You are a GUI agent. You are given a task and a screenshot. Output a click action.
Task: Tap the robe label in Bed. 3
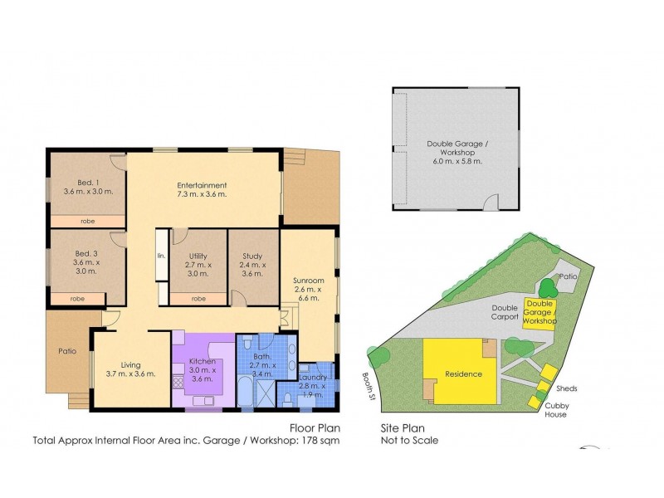click(76, 298)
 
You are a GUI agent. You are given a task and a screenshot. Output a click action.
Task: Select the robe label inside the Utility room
click(198, 298)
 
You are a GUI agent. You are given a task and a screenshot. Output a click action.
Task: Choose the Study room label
click(252, 256)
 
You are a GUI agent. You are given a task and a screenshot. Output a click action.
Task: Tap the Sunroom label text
click(308, 281)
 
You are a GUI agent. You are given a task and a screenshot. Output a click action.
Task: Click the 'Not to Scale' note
click(409, 441)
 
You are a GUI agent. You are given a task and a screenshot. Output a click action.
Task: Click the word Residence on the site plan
click(464, 373)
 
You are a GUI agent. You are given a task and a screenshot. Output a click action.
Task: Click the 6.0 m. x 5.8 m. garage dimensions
click(456, 161)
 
